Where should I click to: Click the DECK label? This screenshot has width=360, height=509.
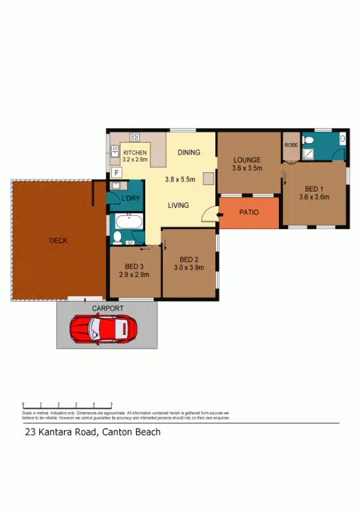point(58,240)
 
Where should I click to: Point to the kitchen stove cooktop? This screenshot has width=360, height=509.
point(135,137)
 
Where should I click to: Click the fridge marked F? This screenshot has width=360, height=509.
point(117,173)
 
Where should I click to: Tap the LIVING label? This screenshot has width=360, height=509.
point(178,205)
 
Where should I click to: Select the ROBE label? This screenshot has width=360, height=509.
point(291,145)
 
